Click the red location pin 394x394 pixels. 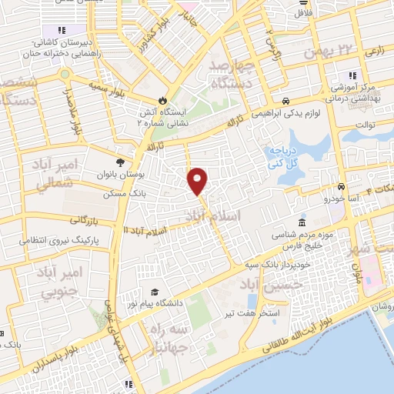(198, 180)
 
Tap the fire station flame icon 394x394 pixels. (162, 100)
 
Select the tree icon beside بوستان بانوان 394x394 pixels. (119, 162)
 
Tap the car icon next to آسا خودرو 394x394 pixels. (340, 187)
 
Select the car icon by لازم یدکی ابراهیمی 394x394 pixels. (285, 101)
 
